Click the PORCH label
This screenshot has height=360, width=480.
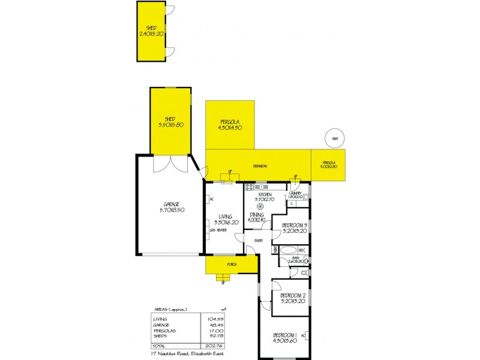pos(232,265)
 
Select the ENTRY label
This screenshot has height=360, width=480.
pos(259,241)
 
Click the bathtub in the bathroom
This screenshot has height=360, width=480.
pos(288,250)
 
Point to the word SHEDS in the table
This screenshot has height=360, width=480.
pos(160,335)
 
